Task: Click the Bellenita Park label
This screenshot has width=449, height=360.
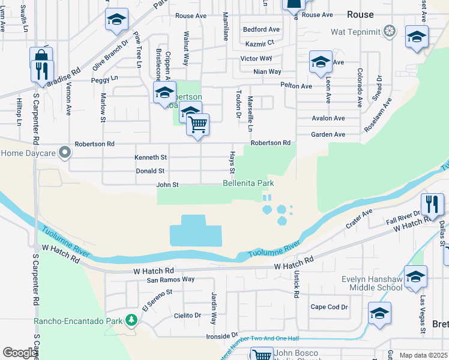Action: coord(249,183)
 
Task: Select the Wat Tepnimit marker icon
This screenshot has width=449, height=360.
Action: coord(390,31)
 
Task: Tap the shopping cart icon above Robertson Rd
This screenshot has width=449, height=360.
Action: coord(197,125)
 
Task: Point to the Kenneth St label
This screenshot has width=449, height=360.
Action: coord(151,157)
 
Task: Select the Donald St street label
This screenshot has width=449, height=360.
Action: coord(150,171)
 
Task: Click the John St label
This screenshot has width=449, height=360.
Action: coord(167,185)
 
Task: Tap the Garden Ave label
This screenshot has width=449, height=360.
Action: coord(328,134)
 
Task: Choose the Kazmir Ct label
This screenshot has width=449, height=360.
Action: coord(260,43)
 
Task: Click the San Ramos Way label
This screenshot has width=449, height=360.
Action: coord(171,280)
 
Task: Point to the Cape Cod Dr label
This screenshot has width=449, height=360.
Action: coord(329,307)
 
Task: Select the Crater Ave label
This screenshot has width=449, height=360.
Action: coord(359,220)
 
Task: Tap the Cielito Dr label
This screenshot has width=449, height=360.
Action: coord(187,316)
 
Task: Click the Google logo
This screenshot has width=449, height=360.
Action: coord(20,353)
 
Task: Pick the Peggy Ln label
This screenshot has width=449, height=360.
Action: coord(104,79)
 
